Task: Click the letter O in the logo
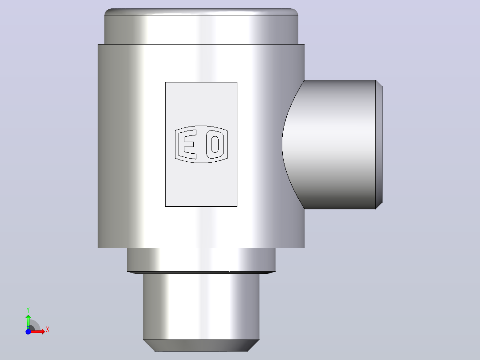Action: click(215, 144)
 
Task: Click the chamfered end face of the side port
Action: click(379, 144)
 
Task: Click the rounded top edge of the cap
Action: click(201, 12)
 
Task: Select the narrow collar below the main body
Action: click(201, 259)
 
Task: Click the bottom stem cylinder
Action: click(201, 307)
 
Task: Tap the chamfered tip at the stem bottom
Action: click(201, 346)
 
